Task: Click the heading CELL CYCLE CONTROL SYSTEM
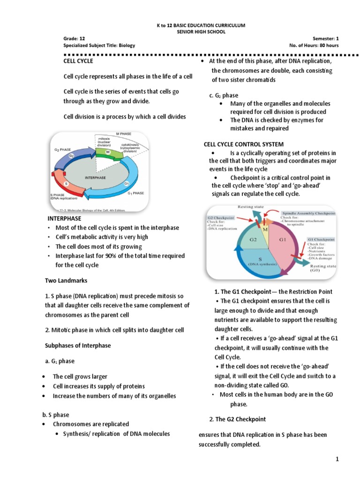pyautogui.click(x=243, y=144)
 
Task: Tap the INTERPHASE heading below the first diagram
pyautogui.click(x=64, y=218)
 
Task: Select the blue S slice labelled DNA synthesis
pyautogui.click(x=262, y=263)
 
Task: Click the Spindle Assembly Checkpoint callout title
pyautogui.click(x=308, y=213)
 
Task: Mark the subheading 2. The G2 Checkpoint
pyautogui.click(x=237, y=419)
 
